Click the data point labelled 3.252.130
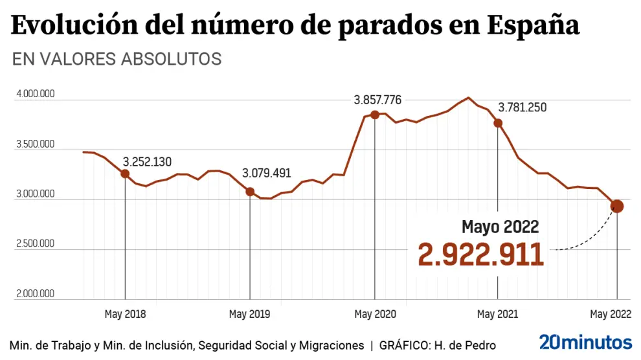point(125,174)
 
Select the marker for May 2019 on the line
point(250,192)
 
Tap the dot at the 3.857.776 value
point(374,115)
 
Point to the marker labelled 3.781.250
point(498,122)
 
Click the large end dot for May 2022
point(617,207)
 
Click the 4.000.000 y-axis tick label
point(36,95)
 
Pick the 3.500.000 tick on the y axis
point(36,144)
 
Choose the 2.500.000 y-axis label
point(36,244)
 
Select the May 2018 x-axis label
point(125,315)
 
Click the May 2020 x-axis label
point(375,315)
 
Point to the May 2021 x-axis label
point(497,315)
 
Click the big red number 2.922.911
point(480,254)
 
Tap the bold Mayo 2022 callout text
point(500,227)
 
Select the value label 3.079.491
point(267,174)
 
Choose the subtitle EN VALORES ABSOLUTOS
point(117,59)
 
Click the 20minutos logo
point(585,343)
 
